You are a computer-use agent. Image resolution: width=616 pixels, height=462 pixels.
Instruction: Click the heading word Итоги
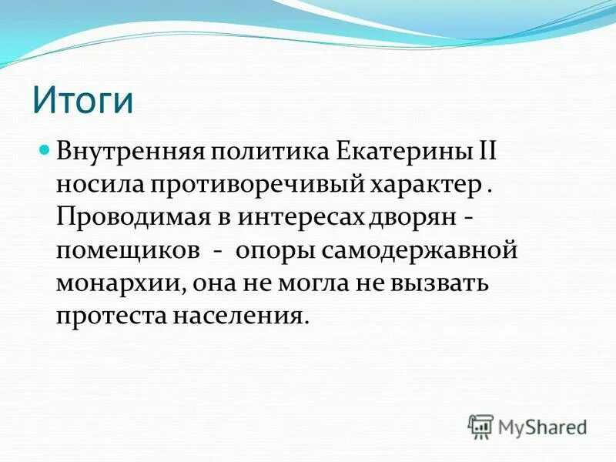pos(83,101)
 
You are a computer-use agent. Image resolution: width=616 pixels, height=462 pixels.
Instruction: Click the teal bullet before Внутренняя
pos(44,146)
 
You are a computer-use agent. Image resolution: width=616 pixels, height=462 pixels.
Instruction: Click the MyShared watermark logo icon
pos(480,426)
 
